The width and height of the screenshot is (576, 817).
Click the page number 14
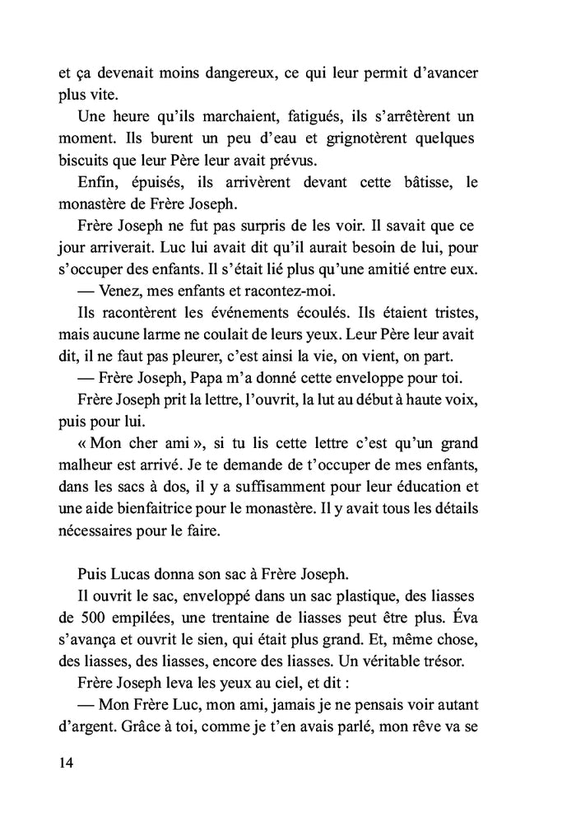tap(67, 763)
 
